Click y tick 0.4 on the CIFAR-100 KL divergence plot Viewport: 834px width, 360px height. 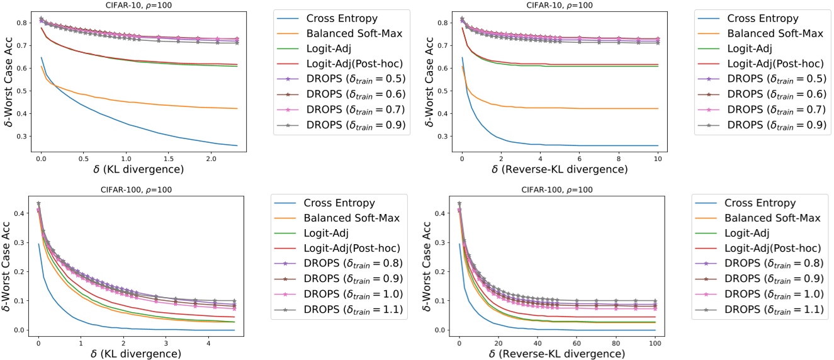(21, 214)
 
